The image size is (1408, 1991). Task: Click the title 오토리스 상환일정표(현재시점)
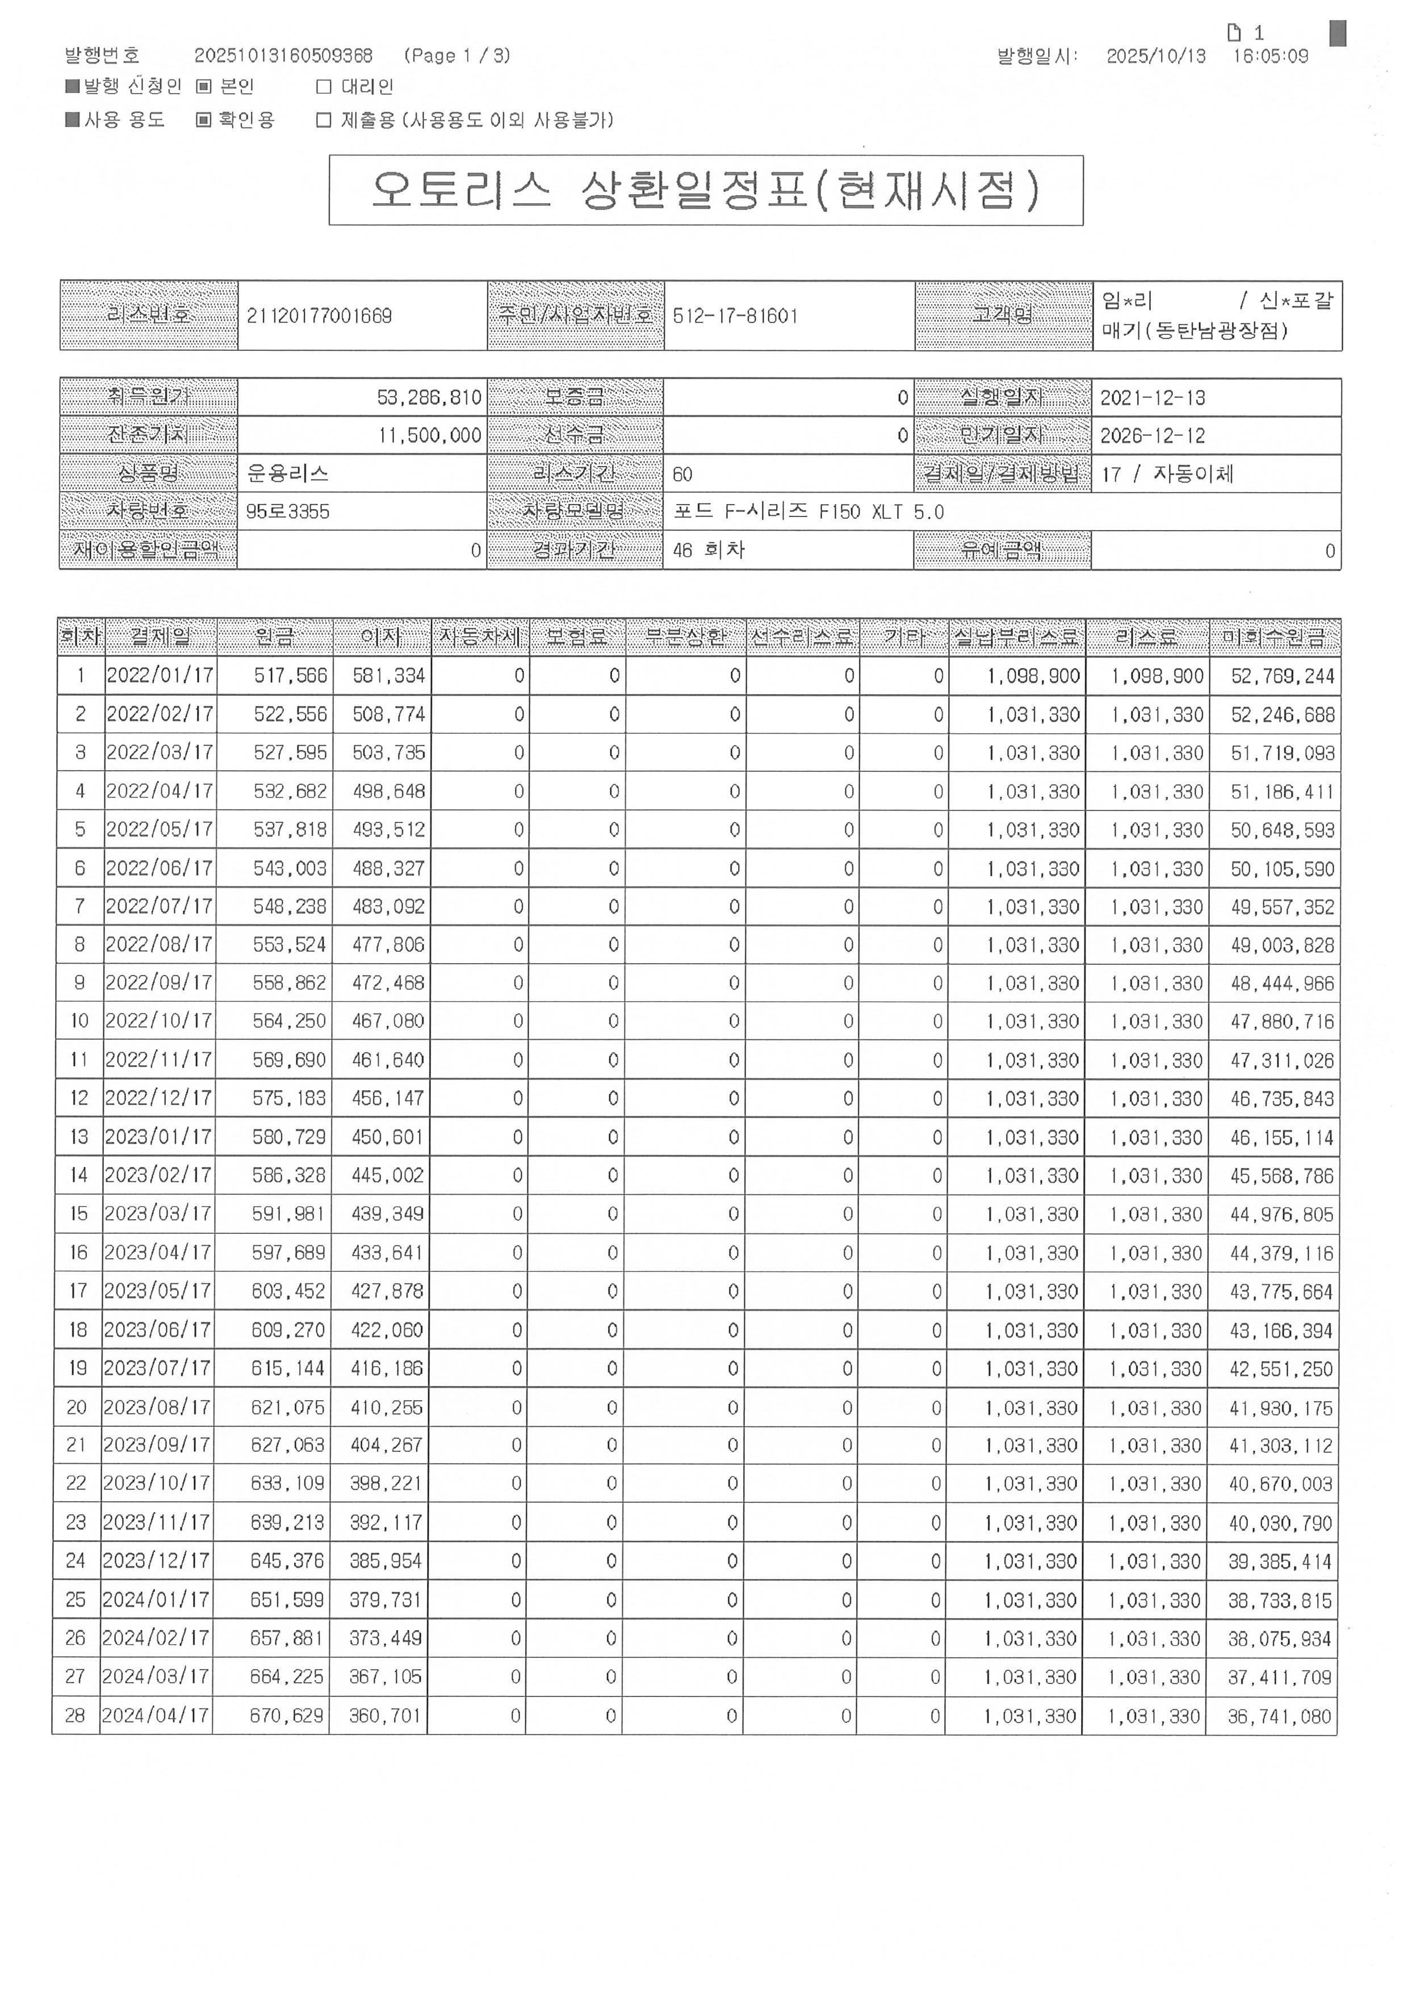(x=705, y=190)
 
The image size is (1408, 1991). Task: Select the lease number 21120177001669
(x=319, y=316)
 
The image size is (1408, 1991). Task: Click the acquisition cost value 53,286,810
(x=429, y=398)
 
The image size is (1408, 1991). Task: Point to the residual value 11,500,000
(x=429, y=435)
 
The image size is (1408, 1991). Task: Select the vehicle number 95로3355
(x=287, y=511)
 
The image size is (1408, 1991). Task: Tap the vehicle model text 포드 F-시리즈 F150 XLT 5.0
(x=808, y=511)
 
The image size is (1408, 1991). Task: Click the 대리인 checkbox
(x=324, y=87)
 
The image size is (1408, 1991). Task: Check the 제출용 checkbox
(x=324, y=120)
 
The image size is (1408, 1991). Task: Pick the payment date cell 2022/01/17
(x=160, y=675)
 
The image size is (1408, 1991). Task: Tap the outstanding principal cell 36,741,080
(x=1279, y=1716)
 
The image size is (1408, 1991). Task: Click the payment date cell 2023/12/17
(x=156, y=1561)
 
